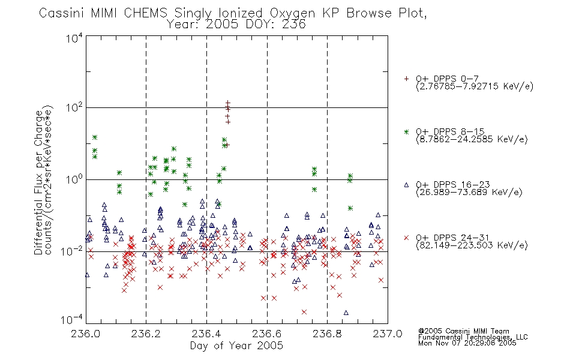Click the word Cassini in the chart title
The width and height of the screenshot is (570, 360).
[x=62, y=13]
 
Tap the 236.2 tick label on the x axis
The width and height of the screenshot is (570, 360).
[x=146, y=334]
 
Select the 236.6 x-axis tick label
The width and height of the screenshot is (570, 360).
[x=267, y=334]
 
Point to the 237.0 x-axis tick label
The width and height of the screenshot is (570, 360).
[x=388, y=334]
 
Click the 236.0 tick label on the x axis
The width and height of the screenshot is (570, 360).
[x=86, y=334]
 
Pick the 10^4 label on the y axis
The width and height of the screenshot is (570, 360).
[x=74, y=38]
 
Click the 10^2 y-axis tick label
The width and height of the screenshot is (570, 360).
[x=74, y=108]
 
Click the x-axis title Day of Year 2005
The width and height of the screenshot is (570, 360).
[x=236, y=346]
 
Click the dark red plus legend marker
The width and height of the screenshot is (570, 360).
[x=406, y=79]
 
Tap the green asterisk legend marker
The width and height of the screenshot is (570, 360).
[x=406, y=131]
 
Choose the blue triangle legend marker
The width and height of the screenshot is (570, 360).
[x=406, y=185]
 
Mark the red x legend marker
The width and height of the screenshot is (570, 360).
[x=406, y=238]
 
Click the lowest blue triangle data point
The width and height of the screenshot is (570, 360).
[x=346, y=313]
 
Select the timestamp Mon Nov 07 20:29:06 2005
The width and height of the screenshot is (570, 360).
[x=467, y=343]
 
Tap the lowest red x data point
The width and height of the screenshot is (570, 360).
[x=304, y=312]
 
